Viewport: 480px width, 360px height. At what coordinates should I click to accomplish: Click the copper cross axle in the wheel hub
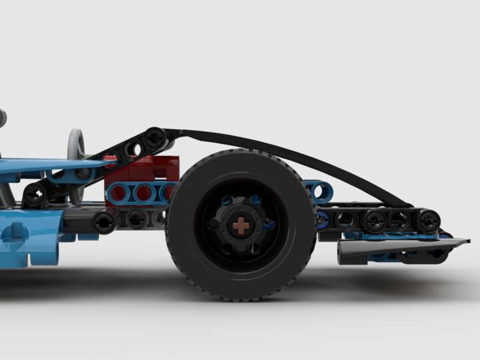(x=240, y=225)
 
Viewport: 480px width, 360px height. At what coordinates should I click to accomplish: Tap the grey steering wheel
(x=76, y=144)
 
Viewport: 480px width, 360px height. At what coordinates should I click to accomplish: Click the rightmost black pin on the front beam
(x=428, y=221)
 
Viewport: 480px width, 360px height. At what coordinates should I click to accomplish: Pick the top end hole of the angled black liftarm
(x=155, y=138)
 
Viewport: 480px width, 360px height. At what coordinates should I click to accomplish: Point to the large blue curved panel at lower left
(x=29, y=238)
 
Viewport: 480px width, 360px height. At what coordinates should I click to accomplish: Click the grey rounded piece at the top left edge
(x=2, y=118)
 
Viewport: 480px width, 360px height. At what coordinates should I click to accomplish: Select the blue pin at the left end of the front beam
(x=323, y=220)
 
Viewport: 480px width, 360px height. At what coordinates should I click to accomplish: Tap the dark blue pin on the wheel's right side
(x=270, y=224)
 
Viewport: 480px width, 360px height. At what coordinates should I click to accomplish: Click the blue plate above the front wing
(x=398, y=237)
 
